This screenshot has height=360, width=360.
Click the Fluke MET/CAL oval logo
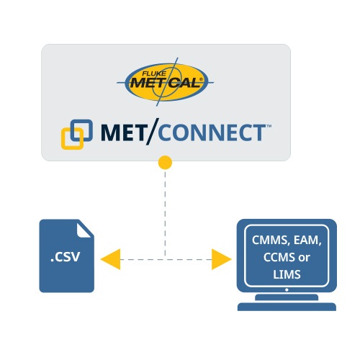click(x=165, y=82)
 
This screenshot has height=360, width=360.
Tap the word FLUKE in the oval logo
click(x=154, y=74)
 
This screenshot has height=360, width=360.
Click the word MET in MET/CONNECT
click(x=123, y=132)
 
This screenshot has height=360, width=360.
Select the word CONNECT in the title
click(x=211, y=132)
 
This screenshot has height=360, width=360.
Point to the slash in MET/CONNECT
click(x=153, y=132)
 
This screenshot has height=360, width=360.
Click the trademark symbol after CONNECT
click(x=269, y=126)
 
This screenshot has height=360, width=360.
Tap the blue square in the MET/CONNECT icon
click(x=81, y=130)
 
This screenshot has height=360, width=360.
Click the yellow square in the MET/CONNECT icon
click(x=72, y=139)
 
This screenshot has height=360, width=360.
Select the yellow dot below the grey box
click(x=165, y=163)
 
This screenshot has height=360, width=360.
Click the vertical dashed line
click(x=165, y=214)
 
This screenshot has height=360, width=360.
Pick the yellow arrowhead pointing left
click(x=110, y=259)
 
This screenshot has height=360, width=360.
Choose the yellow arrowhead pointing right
click(x=222, y=259)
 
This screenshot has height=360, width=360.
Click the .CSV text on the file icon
click(x=66, y=257)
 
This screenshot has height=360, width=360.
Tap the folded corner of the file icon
click(x=84, y=230)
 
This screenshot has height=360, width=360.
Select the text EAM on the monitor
click(x=307, y=240)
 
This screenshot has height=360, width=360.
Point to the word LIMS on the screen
click(x=287, y=274)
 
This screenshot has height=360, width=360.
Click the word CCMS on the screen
click(x=279, y=257)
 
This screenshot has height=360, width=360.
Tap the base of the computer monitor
click(x=287, y=307)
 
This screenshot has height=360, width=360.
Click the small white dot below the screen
click(x=287, y=290)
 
